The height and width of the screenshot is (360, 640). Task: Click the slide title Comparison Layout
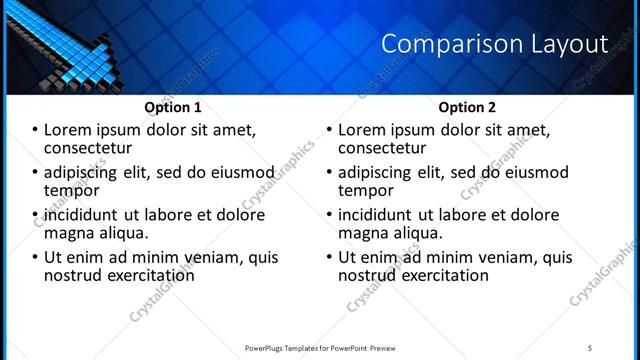495,44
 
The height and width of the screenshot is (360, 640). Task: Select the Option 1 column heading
173,107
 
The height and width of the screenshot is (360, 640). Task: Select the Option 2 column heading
467,107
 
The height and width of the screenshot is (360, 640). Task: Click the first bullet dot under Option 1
35,130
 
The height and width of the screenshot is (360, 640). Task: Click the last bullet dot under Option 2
329,257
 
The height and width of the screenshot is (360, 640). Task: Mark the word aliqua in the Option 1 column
122,233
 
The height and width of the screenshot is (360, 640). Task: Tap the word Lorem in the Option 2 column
362,130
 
